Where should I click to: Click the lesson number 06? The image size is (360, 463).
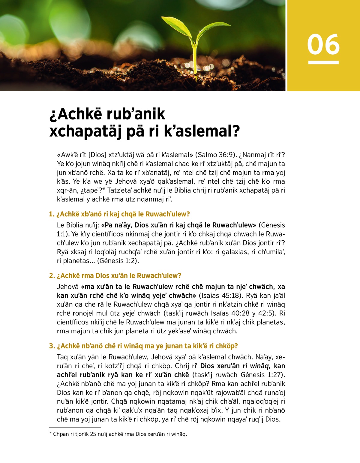pos(323,44)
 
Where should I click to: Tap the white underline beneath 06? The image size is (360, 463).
pos(323,62)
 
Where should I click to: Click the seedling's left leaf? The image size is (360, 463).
pos(177,26)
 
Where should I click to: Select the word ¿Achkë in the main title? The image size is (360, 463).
pos(76,114)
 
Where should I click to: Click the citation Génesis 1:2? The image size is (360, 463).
pos(117,261)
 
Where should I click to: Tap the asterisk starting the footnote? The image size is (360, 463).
pos(50,434)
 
